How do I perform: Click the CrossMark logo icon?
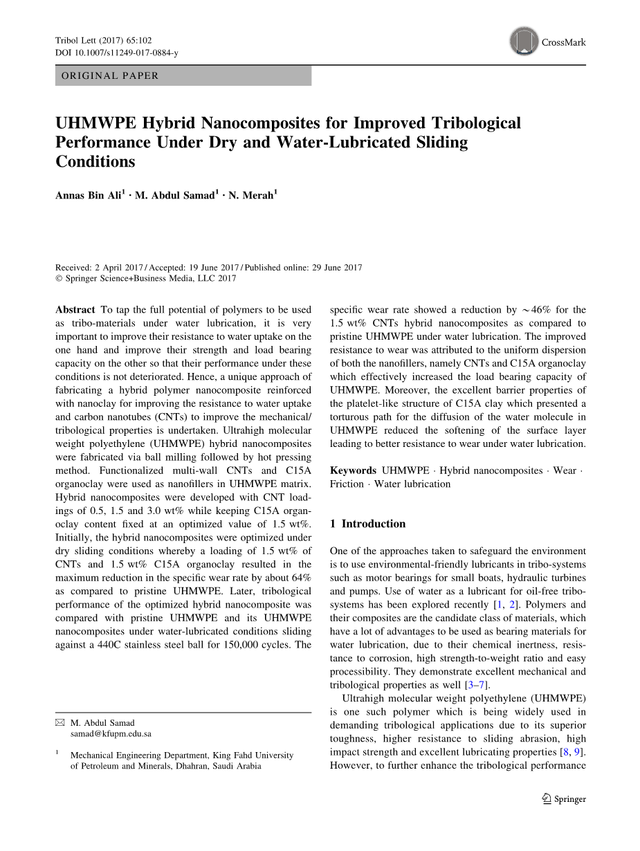coord(524,42)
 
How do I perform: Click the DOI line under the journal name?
coord(116,53)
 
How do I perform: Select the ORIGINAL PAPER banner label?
coord(110,76)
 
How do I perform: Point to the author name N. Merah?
coord(252,196)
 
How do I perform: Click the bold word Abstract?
coord(75,310)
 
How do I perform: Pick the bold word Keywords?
coord(353,470)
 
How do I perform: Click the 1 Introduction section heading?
coord(367,524)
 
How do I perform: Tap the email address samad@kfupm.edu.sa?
coord(111,734)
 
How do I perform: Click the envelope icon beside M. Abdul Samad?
coord(60,723)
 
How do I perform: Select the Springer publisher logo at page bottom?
coord(564,799)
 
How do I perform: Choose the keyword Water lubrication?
coord(412,484)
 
